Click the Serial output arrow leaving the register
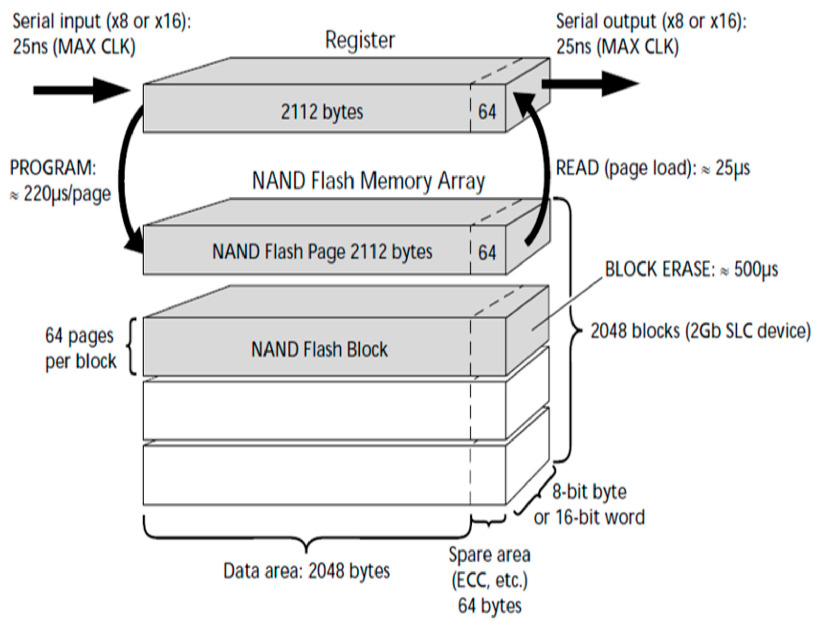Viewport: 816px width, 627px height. (x=590, y=84)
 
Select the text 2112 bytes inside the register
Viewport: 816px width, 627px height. (x=322, y=112)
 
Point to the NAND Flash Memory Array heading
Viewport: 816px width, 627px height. (x=368, y=181)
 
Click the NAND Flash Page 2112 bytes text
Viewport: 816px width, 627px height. (x=322, y=251)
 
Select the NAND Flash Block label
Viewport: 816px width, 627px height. (x=319, y=350)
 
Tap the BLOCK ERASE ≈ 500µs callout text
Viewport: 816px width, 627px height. (x=691, y=269)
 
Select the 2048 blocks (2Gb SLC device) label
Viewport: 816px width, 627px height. (x=700, y=331)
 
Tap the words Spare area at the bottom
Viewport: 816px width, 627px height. (x=489, y=555)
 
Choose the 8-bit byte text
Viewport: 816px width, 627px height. (x=589, y=492)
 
